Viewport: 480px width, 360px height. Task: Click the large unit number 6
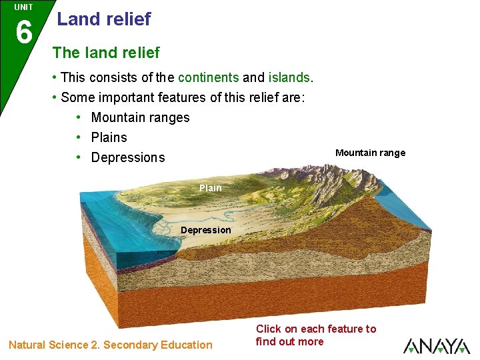click(23, 32)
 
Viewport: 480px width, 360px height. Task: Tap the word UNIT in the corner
click(23, 7)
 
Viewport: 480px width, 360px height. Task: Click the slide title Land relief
click(104, 19)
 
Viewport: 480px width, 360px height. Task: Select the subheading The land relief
click(106, 52)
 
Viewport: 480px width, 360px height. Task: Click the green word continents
click(208, 77)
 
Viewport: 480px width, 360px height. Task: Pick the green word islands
click(289, 77)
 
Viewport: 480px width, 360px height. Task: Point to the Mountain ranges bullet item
click(140, 117)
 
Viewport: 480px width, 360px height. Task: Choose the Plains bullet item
click(109, 137)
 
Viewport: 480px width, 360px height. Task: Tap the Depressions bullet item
click(127, 157)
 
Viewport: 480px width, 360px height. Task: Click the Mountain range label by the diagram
click(370, 153)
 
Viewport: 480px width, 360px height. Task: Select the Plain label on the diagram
click(210, 188)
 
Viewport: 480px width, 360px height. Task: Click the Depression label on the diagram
click(206, 230)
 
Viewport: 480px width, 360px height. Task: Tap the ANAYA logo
click(436, 345)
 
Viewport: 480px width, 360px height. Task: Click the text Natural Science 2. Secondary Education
click(110, 345)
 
